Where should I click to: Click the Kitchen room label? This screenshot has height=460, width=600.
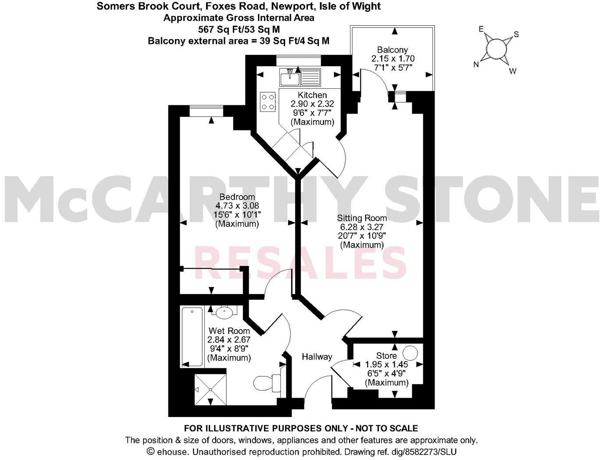tap(312, 95)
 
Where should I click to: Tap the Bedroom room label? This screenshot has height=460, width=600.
tap(237, 197)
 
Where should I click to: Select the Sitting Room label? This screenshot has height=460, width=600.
tap(362, 218)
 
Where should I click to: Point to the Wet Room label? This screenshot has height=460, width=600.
tap(229, 331)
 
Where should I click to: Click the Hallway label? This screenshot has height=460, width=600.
tap(317, 357)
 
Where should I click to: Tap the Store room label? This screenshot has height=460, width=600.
tap(386, 356)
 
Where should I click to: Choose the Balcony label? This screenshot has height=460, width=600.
tap(393, 50)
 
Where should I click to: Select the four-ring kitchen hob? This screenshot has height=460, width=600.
tap(268, 101)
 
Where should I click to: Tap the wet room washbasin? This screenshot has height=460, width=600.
tap(225, 313)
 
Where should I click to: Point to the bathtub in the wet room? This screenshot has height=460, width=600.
tap(192, 337)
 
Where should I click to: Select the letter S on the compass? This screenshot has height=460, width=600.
tap(516, 34)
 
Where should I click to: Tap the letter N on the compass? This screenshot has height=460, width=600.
tap(476, 65)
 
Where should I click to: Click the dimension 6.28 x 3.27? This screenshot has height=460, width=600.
tap(362, 227)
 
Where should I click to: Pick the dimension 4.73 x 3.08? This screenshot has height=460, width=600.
tap(237, 205)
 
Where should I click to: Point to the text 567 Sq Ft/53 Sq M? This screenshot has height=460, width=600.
tap(239, 29)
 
